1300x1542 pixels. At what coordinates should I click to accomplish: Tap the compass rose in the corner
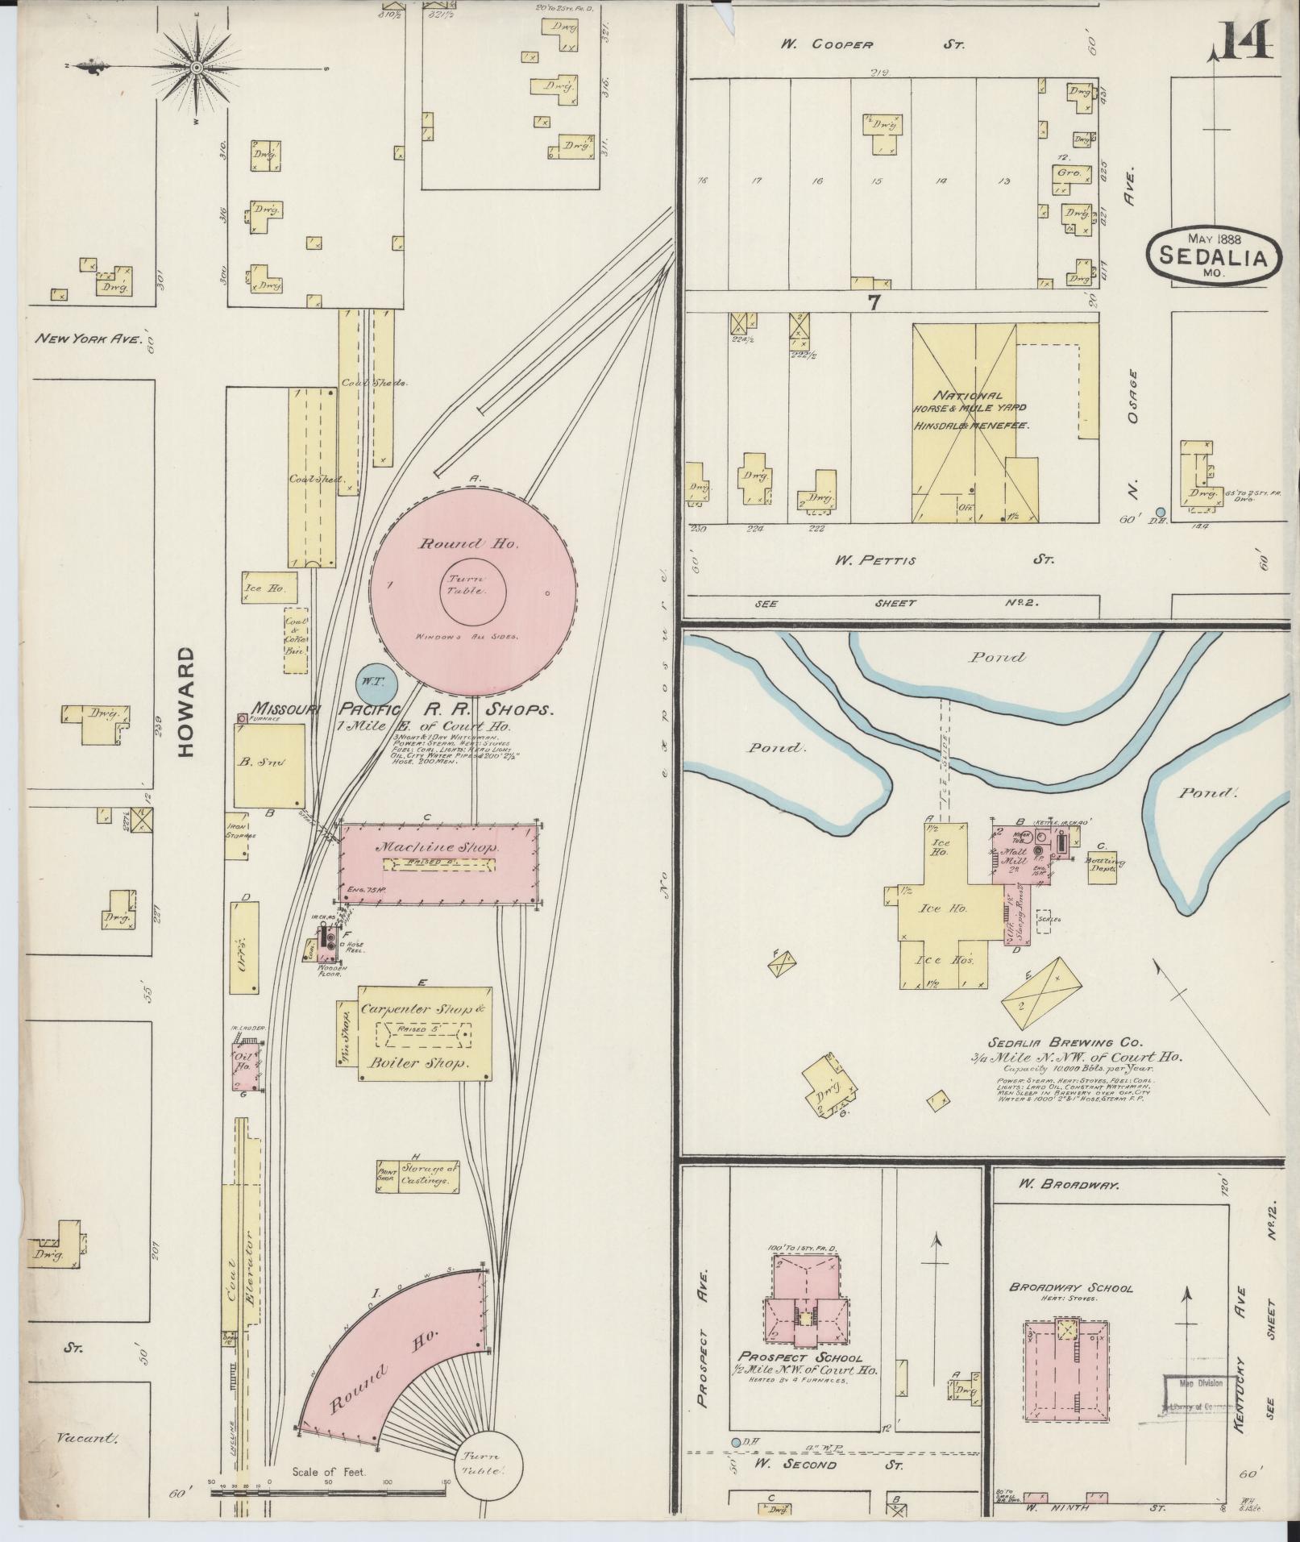click(x=196, y=68)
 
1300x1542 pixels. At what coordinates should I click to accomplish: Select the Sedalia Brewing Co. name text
click(x=1057, y=1042)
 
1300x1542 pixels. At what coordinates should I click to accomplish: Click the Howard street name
click(x=186, y=700)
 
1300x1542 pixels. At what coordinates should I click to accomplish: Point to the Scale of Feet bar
click(x=327, y=1491)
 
